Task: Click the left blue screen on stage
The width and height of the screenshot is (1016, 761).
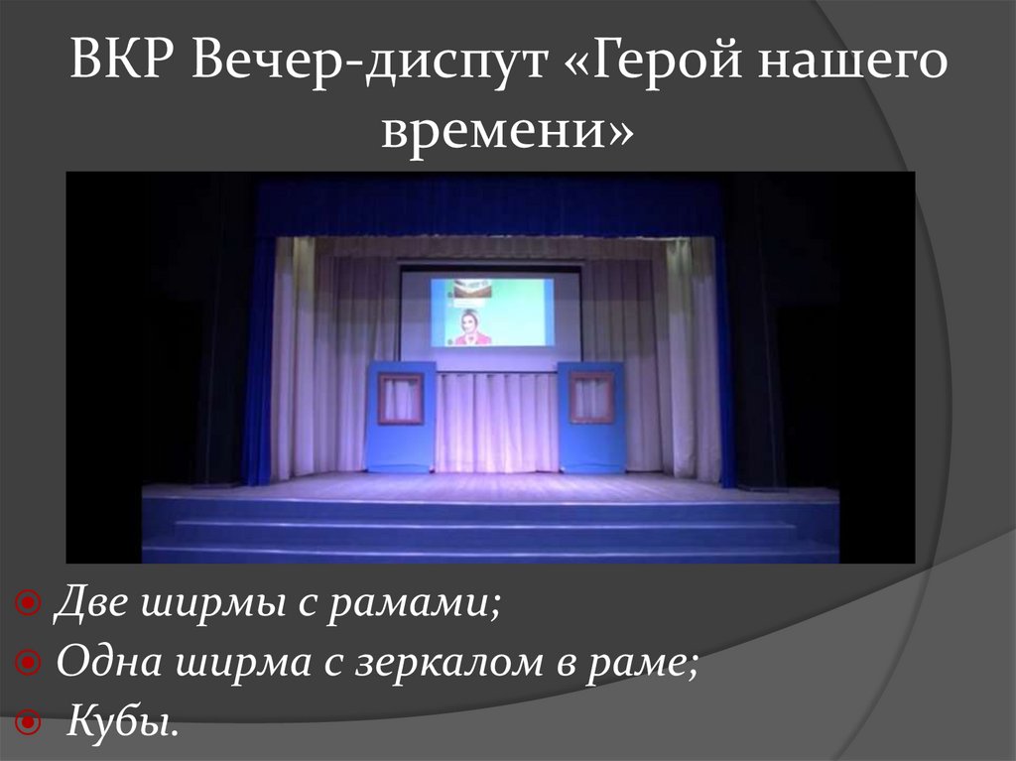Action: tap(401, 417)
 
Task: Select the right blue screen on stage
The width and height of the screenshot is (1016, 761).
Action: tap(591, 417)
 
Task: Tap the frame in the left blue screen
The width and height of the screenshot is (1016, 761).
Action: tap(401, 398)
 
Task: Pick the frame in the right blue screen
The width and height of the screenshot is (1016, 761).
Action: tap(591, 397)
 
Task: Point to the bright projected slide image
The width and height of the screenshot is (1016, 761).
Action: tap(491, 312)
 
